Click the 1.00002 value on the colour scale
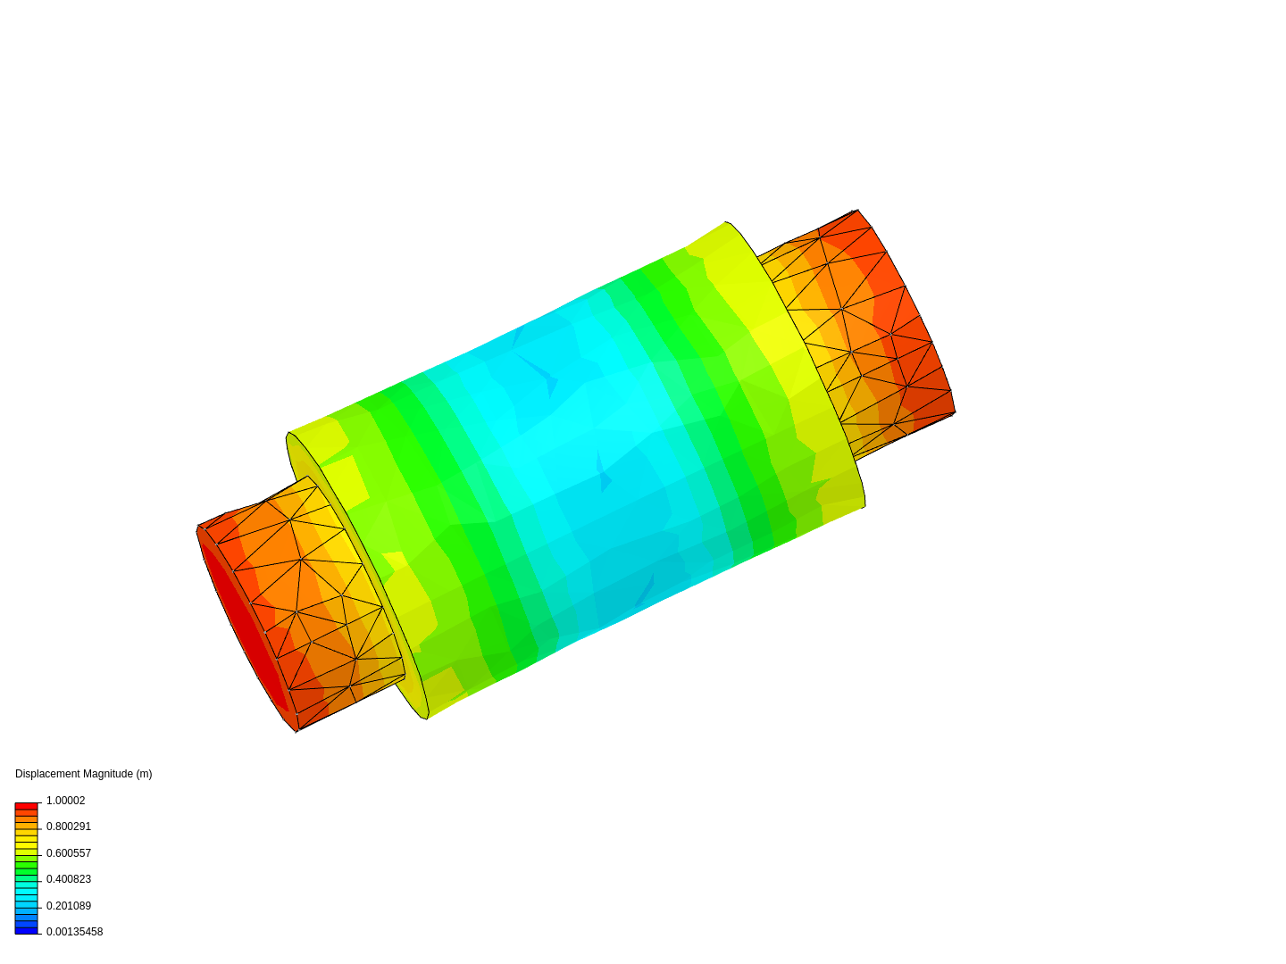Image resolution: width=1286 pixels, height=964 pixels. tap(65, 800)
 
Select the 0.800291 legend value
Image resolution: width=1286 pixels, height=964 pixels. tap(69, 827)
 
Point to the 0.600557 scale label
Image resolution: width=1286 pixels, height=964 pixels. tap(69, 852)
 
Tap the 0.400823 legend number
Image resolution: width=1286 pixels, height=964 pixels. tap(69, 878)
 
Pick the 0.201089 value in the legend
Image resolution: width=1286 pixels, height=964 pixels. tap(69, 905)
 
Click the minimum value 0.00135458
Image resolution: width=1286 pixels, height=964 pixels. tap(74, 931)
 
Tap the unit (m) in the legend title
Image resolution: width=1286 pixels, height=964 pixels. tap(144, 774)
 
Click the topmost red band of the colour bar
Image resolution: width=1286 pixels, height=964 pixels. tap(27, 806)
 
